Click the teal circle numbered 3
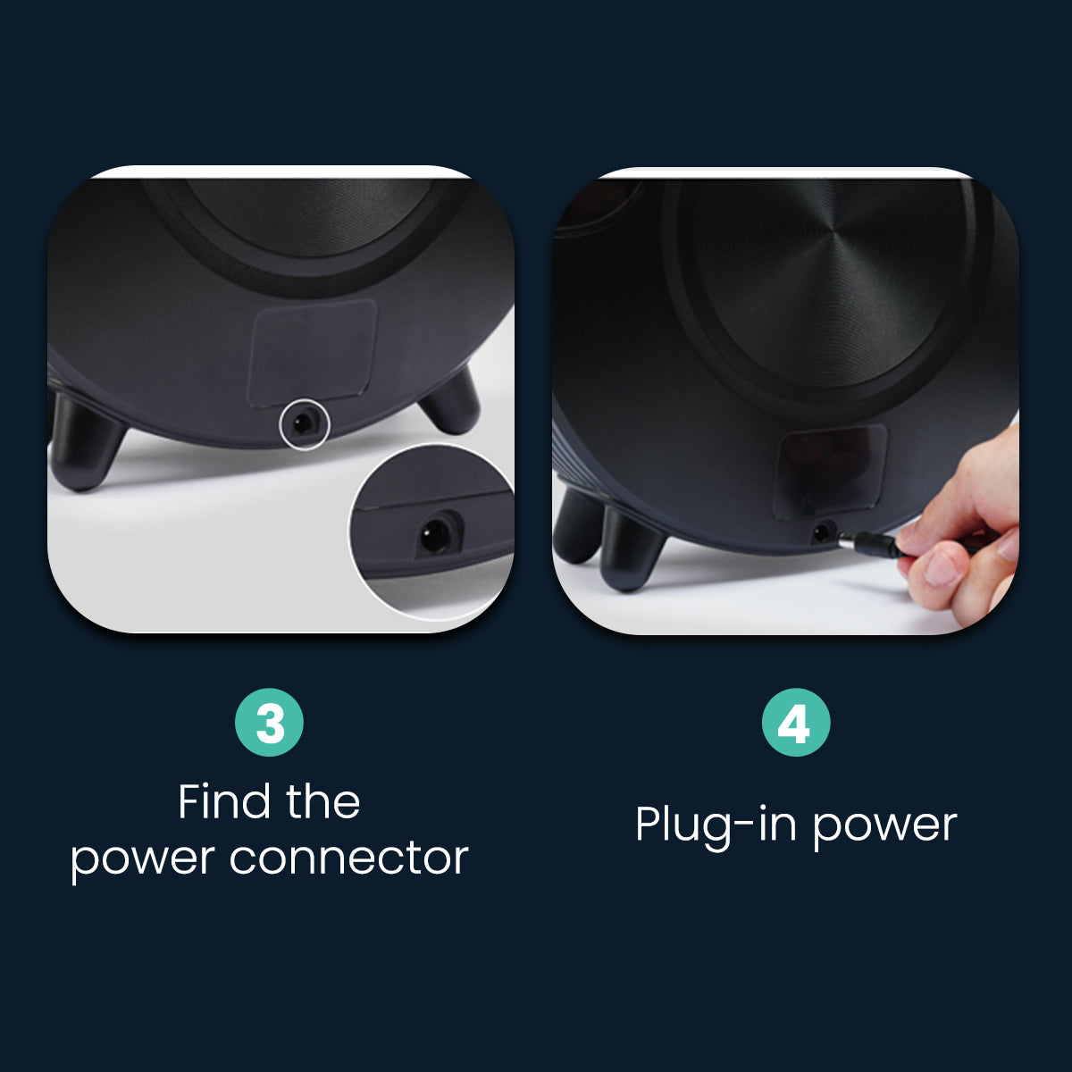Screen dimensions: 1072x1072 [269, 723]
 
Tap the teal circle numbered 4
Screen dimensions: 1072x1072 [795, 723]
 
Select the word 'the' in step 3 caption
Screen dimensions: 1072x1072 [322, 801]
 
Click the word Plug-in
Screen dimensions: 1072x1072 [707, 824]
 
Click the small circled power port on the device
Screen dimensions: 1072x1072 [305, 423]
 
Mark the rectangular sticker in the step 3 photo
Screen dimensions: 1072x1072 [313, 350]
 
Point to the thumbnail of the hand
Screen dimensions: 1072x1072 [940, 567]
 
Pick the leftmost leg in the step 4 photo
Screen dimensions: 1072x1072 [576, 527]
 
